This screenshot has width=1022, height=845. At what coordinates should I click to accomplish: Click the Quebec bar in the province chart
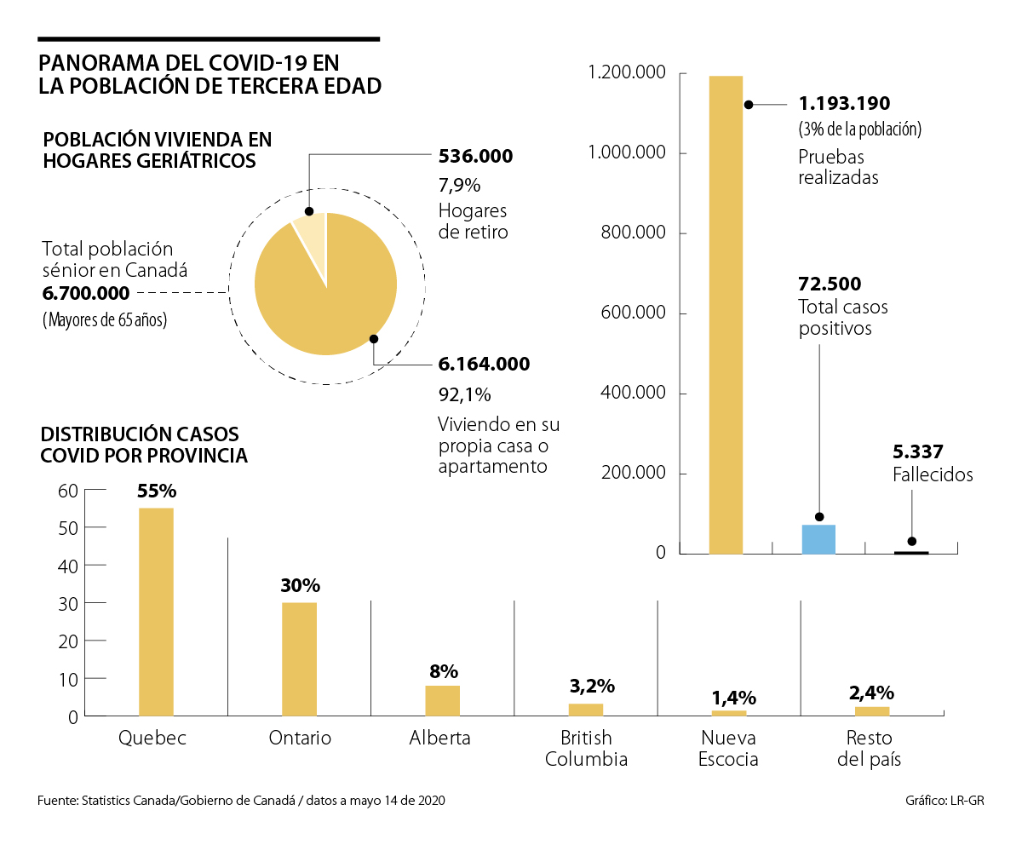[156, 612]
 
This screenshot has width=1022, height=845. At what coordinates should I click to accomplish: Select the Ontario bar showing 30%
[299, 659]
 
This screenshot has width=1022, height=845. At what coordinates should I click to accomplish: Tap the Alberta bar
[442, 700]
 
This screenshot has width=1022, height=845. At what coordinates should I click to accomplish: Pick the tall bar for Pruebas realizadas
[726, 315]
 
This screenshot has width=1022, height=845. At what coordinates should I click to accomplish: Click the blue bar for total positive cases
[818, 539]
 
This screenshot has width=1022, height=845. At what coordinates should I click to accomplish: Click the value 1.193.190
[844, 104]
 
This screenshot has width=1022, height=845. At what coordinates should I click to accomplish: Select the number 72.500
[830, 284]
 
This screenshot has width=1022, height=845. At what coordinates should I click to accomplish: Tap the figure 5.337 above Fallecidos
[918, 451]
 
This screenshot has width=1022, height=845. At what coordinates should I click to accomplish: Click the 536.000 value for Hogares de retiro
[475, 156]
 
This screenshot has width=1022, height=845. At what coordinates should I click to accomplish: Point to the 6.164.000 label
[484, 365]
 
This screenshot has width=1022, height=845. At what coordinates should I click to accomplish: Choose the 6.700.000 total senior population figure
[85, 294]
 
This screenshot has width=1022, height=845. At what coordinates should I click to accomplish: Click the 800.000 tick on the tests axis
[633, 233]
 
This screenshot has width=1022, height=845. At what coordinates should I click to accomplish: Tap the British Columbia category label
[586, 748]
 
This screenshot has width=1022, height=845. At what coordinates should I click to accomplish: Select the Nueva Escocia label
[728, 748]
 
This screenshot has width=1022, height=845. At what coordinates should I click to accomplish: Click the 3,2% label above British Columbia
[592, 687]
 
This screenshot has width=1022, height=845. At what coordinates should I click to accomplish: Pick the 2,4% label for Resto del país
[871, 693]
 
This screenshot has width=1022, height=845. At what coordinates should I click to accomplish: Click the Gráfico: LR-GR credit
[944, 801]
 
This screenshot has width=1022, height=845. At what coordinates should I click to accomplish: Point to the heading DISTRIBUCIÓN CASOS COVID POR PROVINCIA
[144, 445]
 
